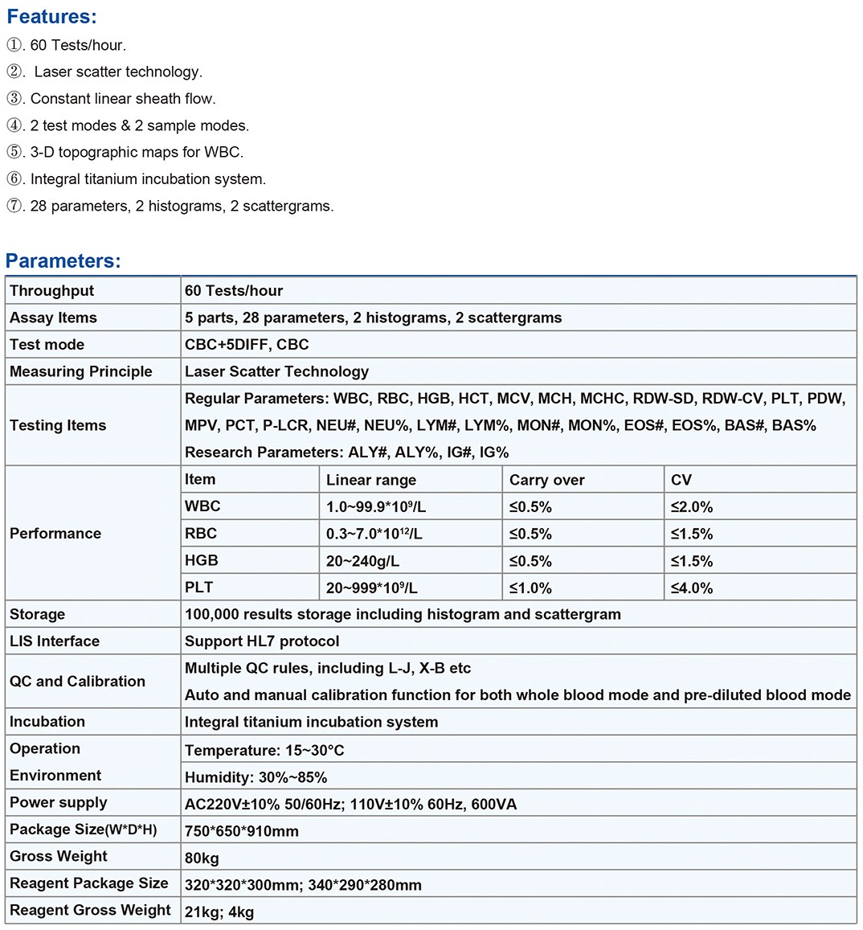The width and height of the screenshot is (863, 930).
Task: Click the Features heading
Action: tap(51, 16)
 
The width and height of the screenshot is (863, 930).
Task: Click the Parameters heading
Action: tap(63, 260)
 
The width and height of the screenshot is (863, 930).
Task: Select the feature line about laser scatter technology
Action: tap(117, 72)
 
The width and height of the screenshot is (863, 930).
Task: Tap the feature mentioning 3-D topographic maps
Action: tap(137, 152)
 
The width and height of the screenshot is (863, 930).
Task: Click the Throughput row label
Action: tap(51, 291)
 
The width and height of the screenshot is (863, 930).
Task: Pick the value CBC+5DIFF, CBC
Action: tap(247, 345)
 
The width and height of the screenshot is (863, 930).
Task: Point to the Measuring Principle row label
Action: tap(80, 371)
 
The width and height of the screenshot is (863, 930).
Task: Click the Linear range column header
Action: tap(370, 480)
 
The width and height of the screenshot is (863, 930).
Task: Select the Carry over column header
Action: tap(546, 480)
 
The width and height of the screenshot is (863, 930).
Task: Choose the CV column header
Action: tap(681, 480)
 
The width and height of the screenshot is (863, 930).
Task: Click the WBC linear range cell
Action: tap(376, 507)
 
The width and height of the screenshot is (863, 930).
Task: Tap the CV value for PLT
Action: tap(692, 588)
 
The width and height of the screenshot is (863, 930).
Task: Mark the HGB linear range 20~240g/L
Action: tap(362, 561)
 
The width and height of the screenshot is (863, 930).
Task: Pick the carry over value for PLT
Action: tap(530, 588)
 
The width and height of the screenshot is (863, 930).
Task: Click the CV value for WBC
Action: tap(692, 507)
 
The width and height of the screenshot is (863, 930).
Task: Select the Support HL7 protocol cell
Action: tap(262, 641)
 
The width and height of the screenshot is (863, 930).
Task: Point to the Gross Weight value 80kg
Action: tap(202, 858)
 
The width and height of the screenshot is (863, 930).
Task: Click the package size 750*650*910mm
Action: tap(241, 831)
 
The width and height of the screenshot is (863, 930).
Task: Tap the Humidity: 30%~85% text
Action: tap(256, 777)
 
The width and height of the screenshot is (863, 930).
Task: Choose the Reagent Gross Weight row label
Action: tap(90, 910)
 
